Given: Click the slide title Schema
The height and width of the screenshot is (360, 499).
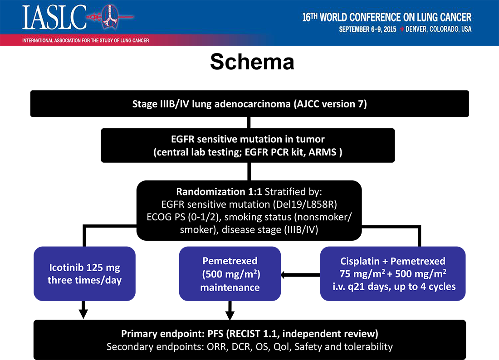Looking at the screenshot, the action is [252, 62].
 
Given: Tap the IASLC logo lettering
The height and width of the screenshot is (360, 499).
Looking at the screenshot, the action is [54, 18].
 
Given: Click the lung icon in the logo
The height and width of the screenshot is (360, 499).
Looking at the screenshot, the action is [110, 16].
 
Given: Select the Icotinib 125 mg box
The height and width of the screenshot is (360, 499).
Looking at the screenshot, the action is [85, 273].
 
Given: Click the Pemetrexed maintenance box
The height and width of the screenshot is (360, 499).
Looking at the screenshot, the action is [230, 273].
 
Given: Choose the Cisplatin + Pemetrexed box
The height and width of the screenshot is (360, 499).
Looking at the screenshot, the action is [393, 273].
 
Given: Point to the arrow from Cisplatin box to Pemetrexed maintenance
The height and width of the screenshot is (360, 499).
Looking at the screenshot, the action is [300, 275].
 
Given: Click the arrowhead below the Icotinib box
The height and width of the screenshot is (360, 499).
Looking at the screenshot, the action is [83, 314].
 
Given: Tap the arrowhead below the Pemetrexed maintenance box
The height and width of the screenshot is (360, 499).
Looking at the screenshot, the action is [230, 315].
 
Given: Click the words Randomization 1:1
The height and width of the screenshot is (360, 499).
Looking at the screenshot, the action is [219, 192].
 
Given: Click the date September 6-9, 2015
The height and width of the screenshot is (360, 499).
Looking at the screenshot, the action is [367, 29].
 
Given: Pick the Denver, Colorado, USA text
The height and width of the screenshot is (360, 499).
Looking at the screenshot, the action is [439, 29].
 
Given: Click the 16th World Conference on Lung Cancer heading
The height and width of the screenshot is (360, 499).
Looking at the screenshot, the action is [386, 17].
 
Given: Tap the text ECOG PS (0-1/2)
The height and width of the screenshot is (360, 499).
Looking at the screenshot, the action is [183, 217].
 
